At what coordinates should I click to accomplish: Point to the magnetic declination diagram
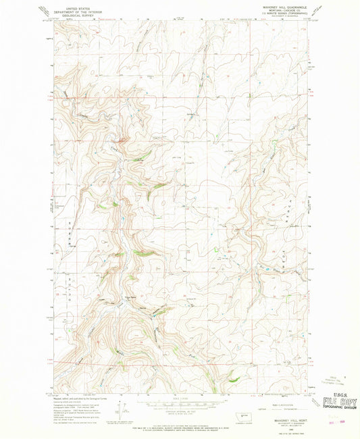coord(122,409)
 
